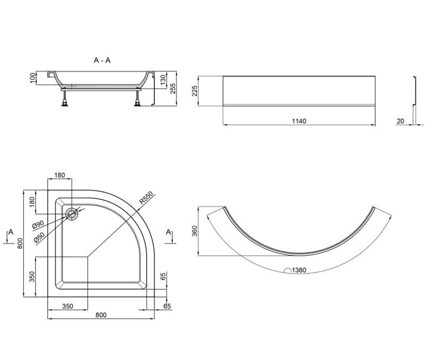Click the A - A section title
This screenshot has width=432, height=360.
[x=102, y=60]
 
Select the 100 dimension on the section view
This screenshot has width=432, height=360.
[x=33, y=78]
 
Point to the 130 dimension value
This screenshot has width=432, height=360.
[x=163, y=80]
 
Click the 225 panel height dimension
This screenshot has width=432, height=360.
[x=195, y=91]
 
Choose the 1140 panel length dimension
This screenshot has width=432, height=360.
[x=299, y=121]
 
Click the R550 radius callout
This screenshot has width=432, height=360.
[x=146, y=198]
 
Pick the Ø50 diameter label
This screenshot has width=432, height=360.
[x=39, y=237]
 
